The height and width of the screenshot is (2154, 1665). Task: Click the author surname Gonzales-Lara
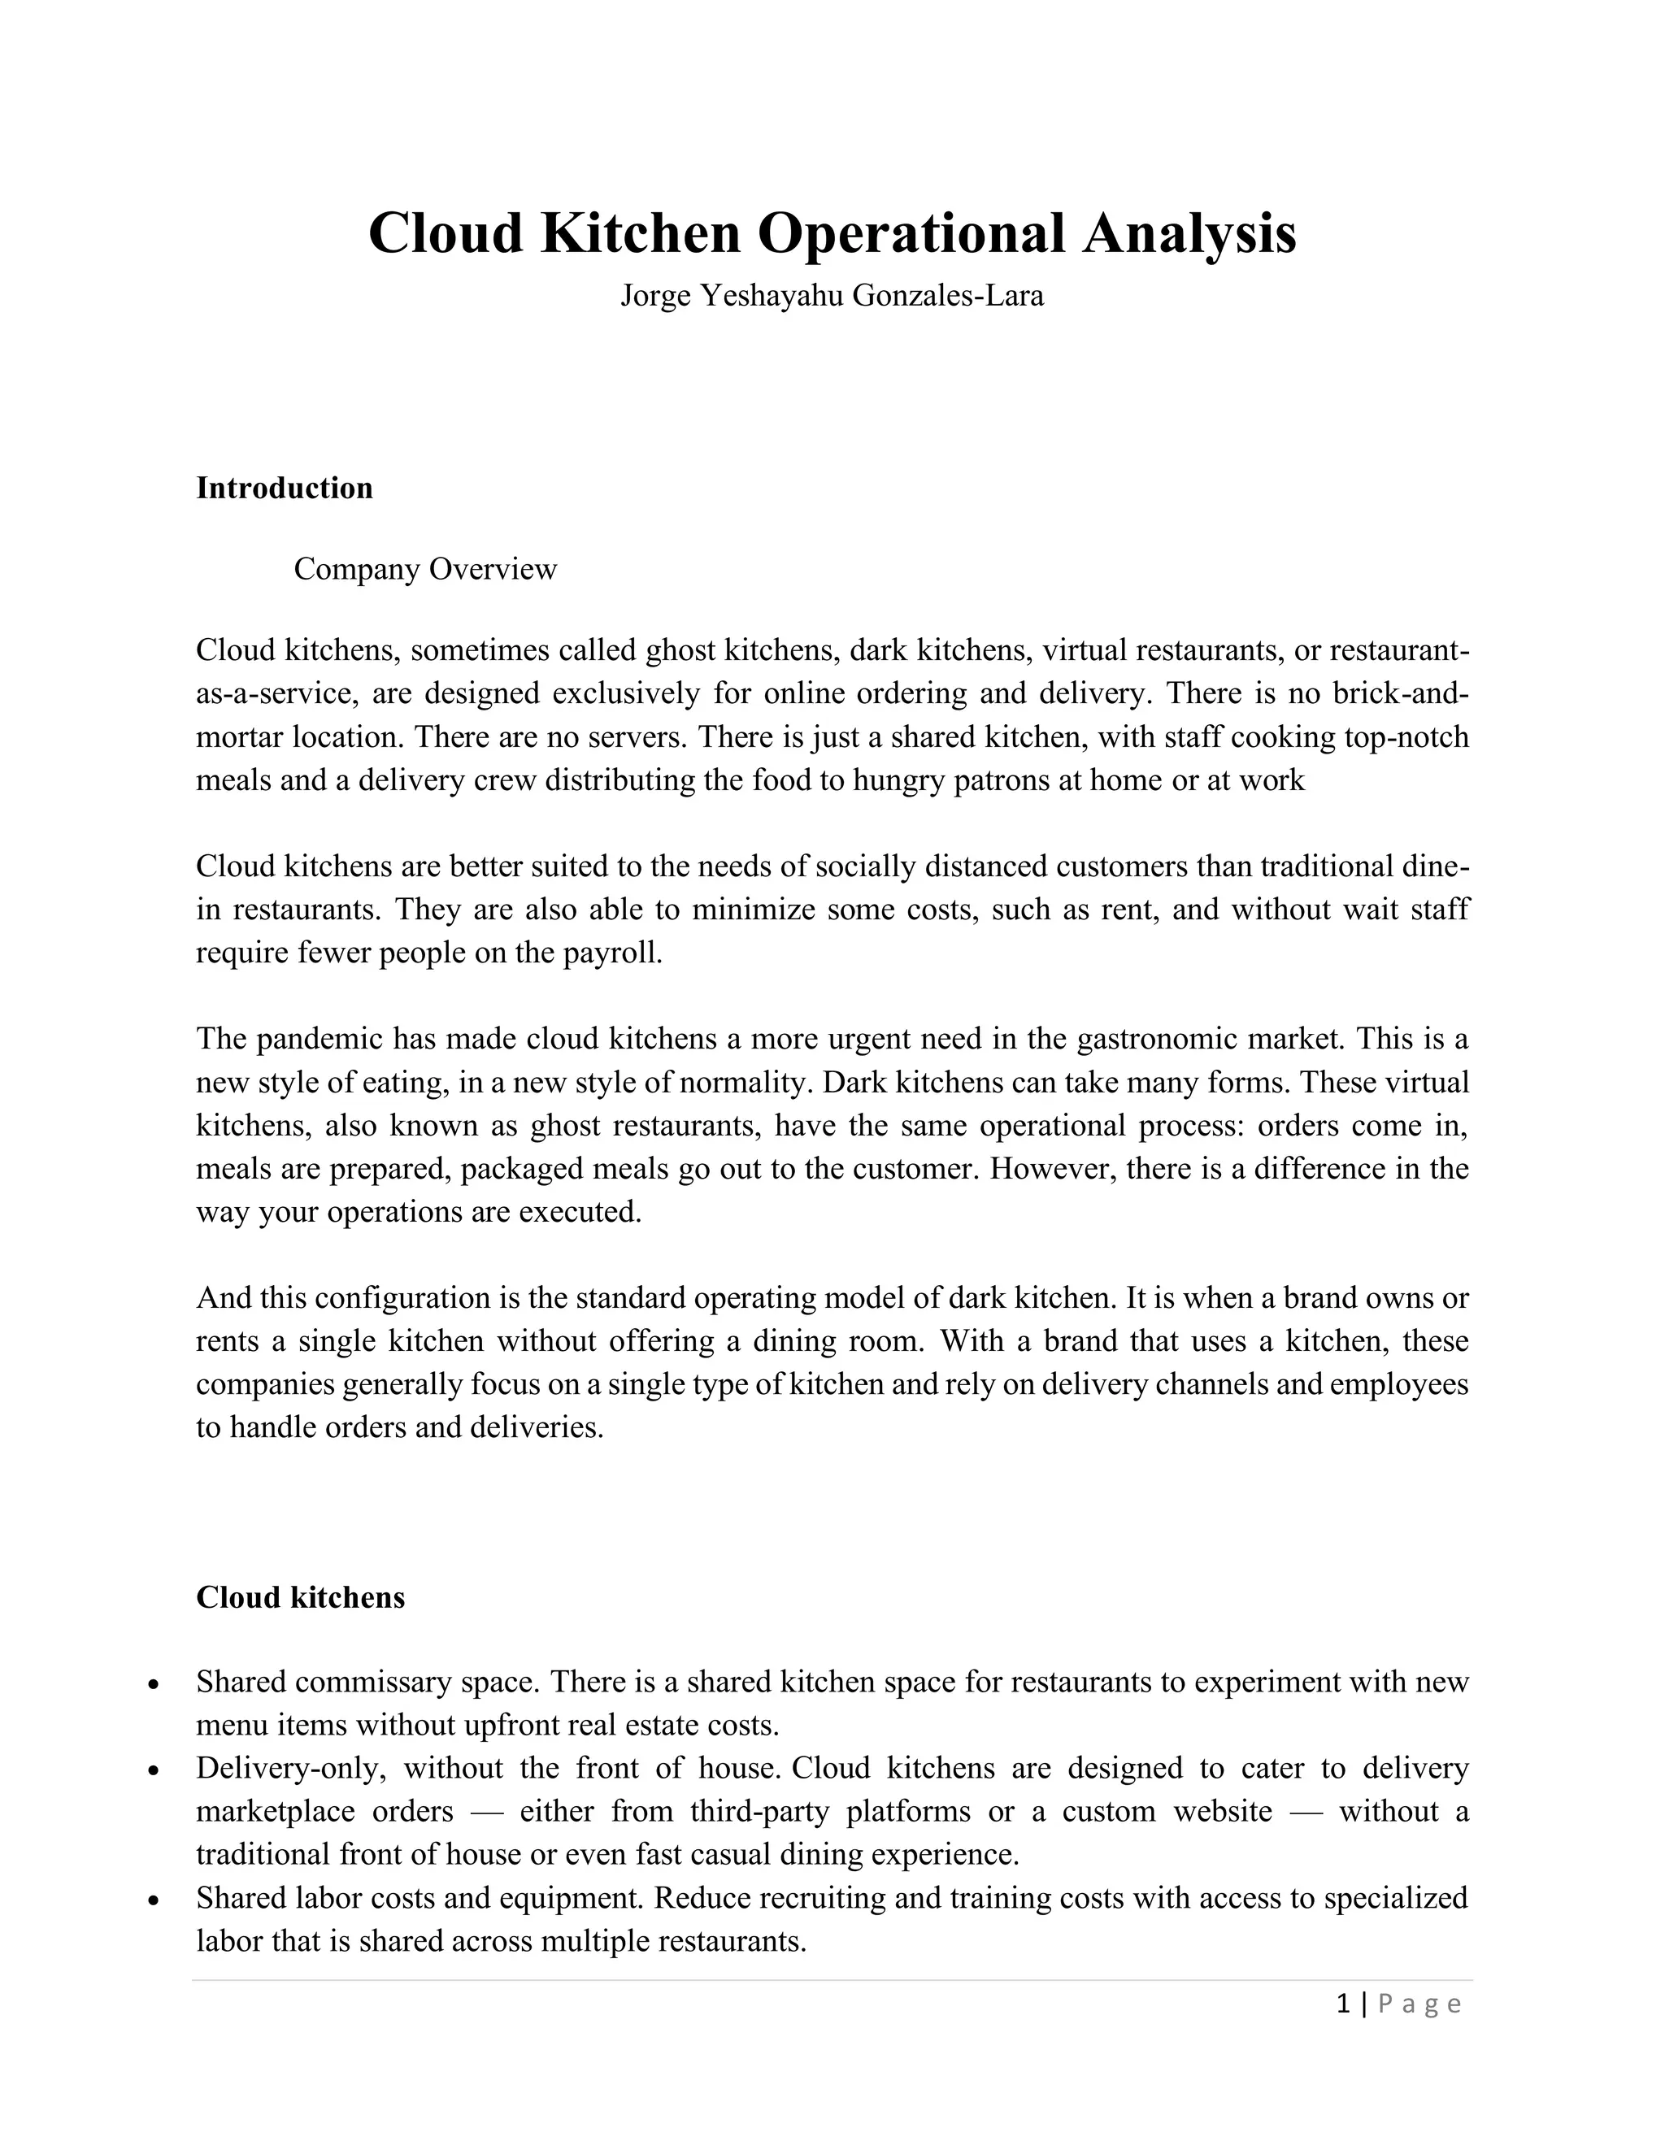click(947, 296)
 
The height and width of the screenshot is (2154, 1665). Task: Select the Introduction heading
click(284, 489)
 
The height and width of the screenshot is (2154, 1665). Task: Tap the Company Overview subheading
click(425, 569)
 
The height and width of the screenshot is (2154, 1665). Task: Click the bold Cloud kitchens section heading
click(300, 1598)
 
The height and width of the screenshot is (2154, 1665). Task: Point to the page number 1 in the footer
click(1342, 2003)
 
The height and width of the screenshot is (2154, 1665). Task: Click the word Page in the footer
click(1419, 2004)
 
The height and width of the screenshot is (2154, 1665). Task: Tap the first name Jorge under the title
click(655, 296)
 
